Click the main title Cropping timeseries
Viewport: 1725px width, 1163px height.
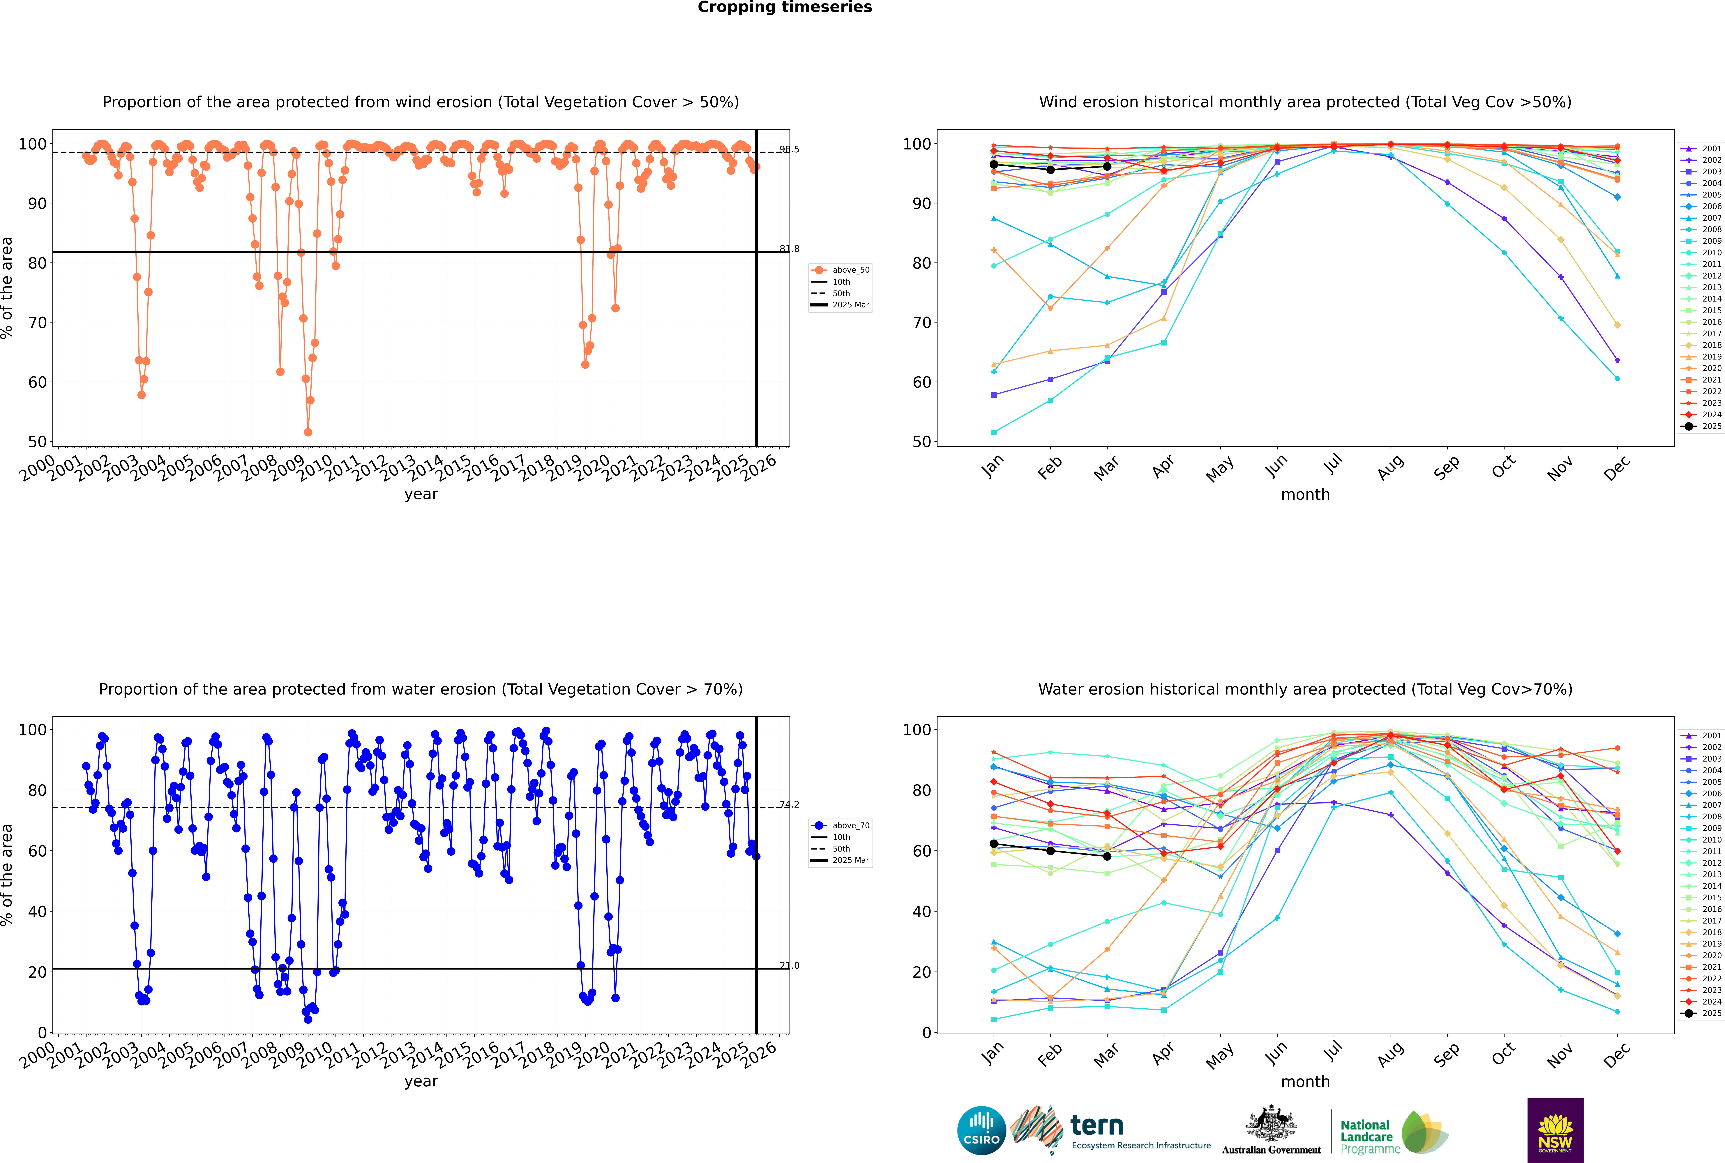tap(785, 7)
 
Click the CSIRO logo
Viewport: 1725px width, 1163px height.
tap(981, 1130)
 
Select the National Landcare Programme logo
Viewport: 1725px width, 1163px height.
tap(1393, 1133)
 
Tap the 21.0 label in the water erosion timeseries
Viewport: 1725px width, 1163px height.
tap(789, 966)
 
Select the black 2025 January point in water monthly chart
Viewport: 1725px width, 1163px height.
tap(994, 844)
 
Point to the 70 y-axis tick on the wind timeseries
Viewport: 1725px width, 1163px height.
tap(37, 323)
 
